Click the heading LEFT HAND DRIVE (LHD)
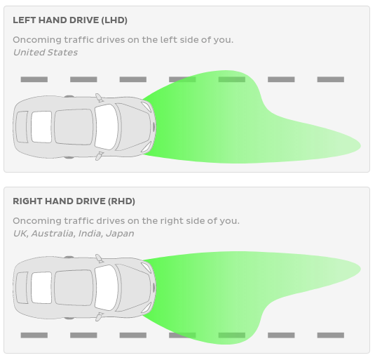click(70, 20)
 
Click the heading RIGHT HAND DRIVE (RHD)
click(74, 201)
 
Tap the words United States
click(46, 53)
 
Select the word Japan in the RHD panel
click(120, 234)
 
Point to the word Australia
click(53, 234)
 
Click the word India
click(90, 234)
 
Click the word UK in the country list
click(21, 234)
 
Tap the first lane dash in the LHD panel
click(34, 79)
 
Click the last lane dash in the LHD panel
click(331, 79)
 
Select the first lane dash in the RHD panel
click(34, 335)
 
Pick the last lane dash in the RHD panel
click(331, 335)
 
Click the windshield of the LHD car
click(107, 127)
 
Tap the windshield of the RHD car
click(107, 288)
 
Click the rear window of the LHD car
click(41, 127)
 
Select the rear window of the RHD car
click(41, 288)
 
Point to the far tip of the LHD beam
click(361, 146)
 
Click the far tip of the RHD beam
click(361, 269)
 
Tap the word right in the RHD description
click(171, 220)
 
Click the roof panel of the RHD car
click(74, 288)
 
